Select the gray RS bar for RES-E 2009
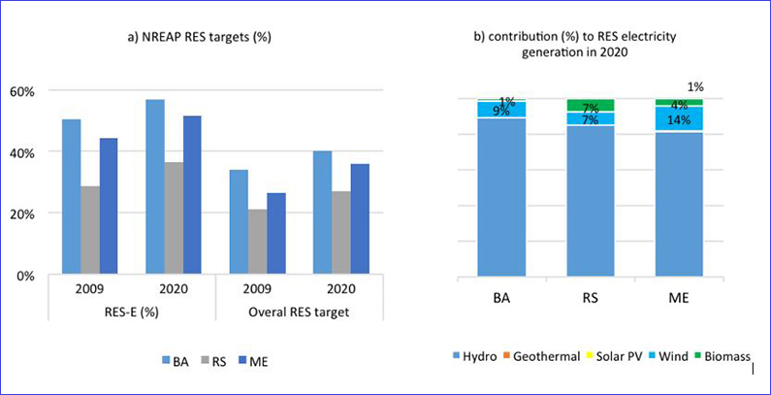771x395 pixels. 90,230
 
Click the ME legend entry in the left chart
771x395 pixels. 251,361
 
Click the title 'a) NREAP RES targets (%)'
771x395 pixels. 211,38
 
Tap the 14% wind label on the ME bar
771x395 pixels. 678,120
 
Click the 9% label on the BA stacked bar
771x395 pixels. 501,111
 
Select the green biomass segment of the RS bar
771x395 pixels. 591,105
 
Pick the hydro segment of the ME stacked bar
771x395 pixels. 678,204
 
